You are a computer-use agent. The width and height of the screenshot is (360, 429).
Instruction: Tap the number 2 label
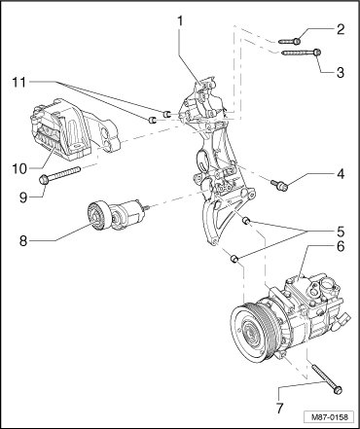[340, 29]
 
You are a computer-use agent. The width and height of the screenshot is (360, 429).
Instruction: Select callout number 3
[340, 72]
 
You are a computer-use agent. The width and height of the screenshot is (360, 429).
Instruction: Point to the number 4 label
[341, 174]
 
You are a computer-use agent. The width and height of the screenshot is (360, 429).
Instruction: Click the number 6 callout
[341, 246]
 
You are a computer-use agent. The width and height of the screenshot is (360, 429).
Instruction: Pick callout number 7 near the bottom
[280, 408]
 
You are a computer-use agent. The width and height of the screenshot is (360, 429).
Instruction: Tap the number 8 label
[23, 240]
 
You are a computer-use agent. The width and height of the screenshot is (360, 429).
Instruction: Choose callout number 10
[20, 168]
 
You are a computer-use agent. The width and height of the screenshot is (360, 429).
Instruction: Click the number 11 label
[20, 82]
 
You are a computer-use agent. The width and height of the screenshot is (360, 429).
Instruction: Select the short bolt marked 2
[290, 41]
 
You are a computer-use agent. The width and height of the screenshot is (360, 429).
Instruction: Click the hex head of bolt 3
[318, 52]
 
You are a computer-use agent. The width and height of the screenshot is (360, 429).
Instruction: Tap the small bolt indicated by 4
[280, 185]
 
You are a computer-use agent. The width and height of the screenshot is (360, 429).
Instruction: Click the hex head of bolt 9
[44, 179]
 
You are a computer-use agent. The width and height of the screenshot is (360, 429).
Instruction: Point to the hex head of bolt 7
[338, 389]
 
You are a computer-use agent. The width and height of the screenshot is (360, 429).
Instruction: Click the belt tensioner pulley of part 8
[98, 216]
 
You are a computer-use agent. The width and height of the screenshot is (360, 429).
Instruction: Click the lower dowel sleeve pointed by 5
[234, 259]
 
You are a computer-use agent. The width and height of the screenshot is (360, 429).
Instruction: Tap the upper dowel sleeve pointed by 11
[166, 114]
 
